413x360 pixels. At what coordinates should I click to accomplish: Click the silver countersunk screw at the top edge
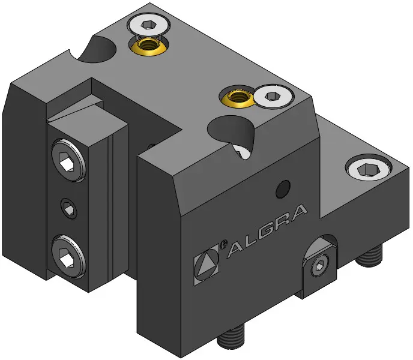148,26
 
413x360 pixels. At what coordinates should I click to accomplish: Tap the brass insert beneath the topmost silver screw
148,46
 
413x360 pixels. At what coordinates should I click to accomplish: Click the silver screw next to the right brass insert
273,96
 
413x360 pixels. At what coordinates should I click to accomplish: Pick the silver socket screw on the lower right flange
368,169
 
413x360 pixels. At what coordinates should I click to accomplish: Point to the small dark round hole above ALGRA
283,189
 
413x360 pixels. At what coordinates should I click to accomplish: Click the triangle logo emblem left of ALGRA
206,264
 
